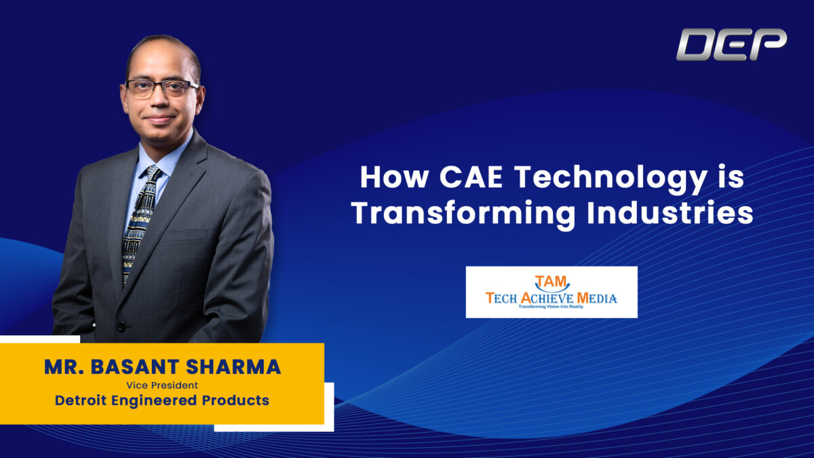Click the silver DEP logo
(731, 44)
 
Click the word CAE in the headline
(471, 177)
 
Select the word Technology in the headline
(611, 179)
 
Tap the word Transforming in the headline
(463, 214)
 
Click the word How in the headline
(394, 177)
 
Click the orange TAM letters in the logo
(551, 282)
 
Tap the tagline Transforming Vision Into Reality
(551, 307)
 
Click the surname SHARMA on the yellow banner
(233, 367)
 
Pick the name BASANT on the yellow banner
(135, 367)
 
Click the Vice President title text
(162, 385)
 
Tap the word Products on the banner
(235, 400)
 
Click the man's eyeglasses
(162, 88)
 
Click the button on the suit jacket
(121, 326)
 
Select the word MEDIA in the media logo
(597, 299)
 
